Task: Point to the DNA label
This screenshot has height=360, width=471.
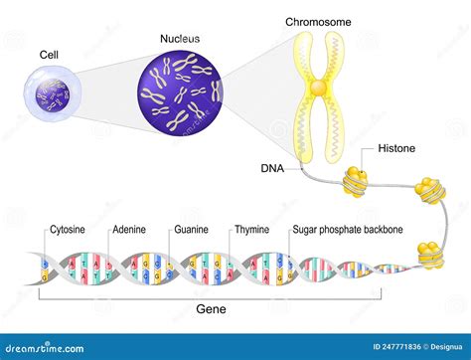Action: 271,169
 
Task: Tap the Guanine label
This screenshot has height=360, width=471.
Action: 192,230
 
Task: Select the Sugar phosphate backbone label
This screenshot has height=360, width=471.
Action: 347,230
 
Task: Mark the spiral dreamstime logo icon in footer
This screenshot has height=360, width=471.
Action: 11,346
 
